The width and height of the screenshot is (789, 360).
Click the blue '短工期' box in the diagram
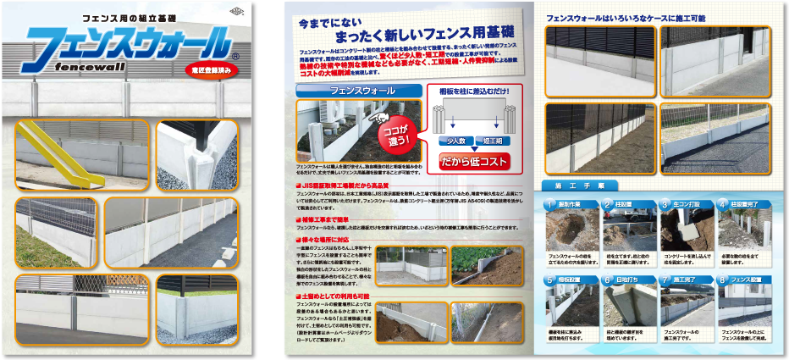point(493,141)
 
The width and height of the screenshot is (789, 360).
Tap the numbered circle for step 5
point(550,276)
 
